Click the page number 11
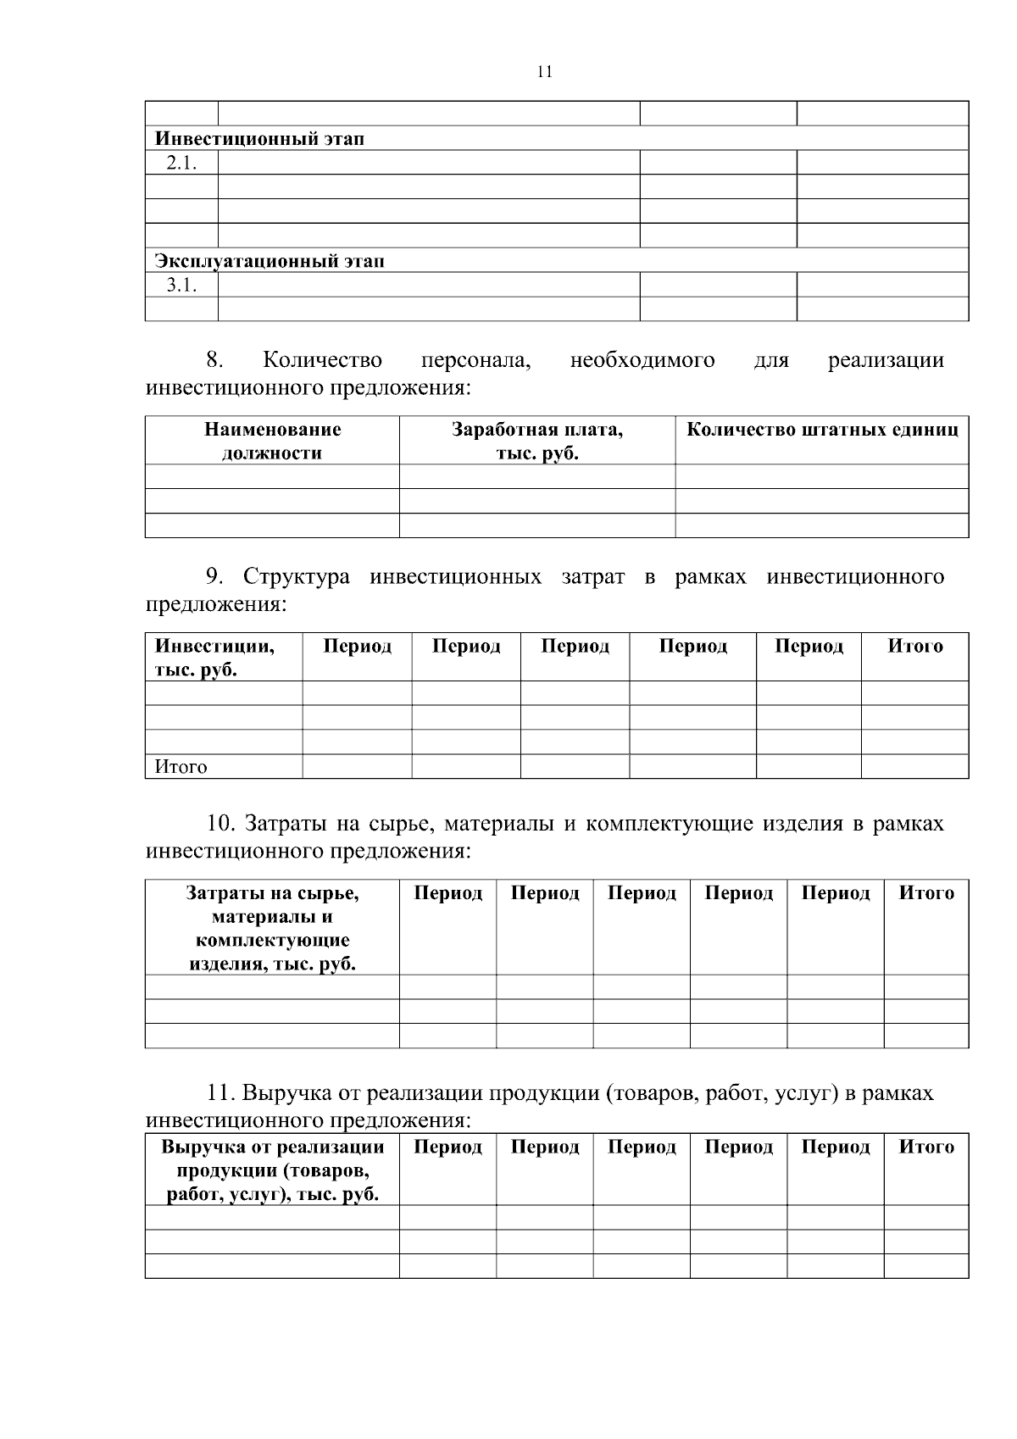(545, 72)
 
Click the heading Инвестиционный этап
(259, 139)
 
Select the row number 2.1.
(181, 164)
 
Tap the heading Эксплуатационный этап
(270, 261)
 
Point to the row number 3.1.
(181, 286)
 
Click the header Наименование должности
(272, 441)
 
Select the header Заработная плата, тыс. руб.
(536, 441)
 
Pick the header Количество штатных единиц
(821, 430)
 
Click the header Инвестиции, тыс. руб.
(214, 658)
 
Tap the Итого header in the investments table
(914, 647)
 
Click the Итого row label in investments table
(181, 767)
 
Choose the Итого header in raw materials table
(925, 893)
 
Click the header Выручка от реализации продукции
(272, 1170)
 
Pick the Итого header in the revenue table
(925, 1147)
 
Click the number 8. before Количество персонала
(214, 360)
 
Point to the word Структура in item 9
(297, 577)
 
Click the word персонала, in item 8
(475, 360)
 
